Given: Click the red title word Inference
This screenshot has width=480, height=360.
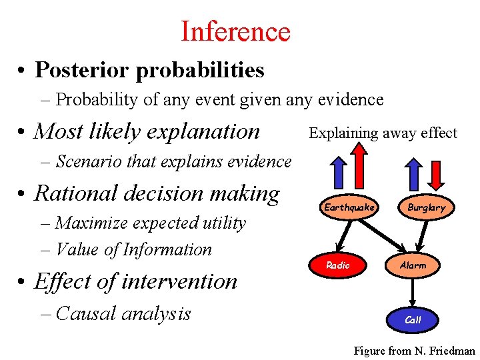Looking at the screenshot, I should [235, 31].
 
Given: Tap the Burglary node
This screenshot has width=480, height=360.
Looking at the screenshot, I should [427, 207].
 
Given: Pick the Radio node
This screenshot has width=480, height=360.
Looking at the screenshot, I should [338, 265].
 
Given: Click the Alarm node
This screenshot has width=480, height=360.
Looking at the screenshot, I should [413, 265].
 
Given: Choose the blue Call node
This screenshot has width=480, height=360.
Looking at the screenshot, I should [413, 320].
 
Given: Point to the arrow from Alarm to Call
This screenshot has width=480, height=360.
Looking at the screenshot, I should [413, 291].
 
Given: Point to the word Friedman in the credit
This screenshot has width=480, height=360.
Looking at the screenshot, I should [451, 351].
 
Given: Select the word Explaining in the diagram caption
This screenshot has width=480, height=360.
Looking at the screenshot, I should [343, 133].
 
